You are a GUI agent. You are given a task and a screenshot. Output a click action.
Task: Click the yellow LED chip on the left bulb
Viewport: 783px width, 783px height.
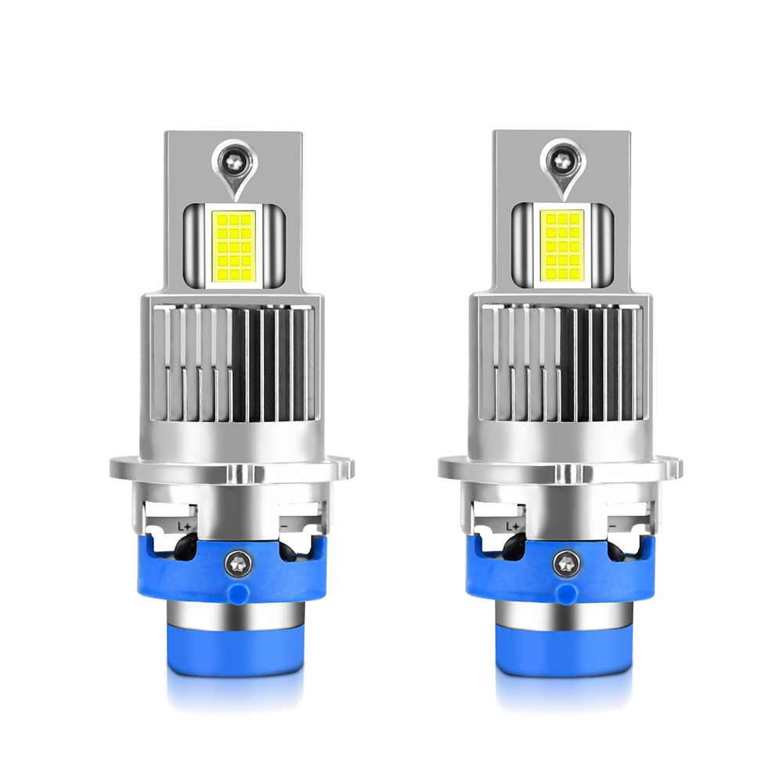click(x=233, y=247)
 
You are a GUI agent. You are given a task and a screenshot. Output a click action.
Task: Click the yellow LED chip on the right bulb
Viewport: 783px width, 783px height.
click(x=561, y=246)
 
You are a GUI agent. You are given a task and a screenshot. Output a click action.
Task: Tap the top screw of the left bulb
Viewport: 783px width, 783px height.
click(x=234, y=161)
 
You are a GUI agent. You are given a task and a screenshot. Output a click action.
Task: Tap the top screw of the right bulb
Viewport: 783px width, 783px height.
click(x=563, y=160)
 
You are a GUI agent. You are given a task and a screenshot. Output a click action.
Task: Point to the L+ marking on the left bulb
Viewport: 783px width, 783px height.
click(x=184, y=526)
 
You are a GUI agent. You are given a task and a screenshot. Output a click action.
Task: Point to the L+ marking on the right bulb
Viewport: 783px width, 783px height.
click(x=513, y=526)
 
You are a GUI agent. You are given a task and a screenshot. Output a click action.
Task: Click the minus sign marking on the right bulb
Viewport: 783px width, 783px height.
click(x=612, y=526)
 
